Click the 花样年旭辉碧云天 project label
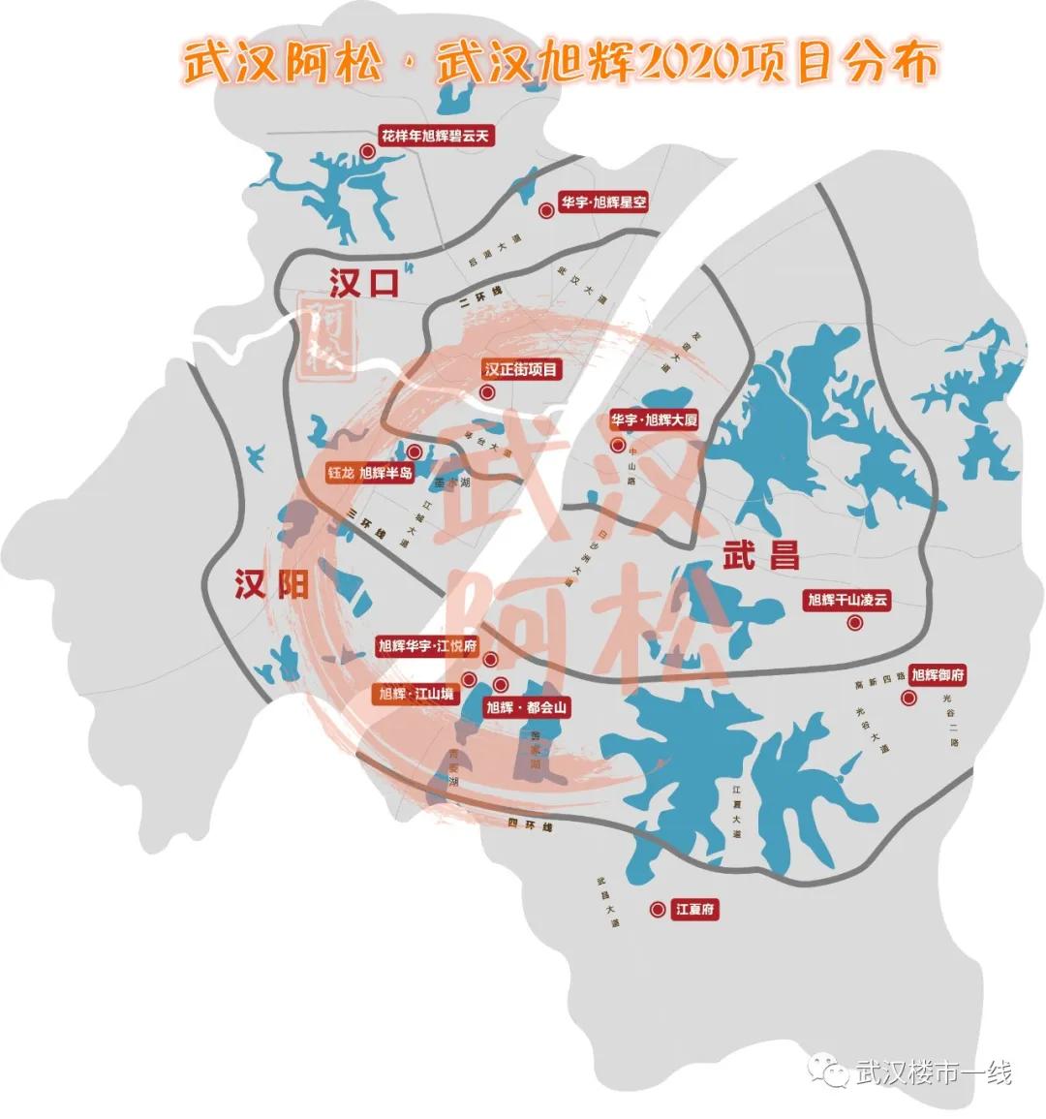436,137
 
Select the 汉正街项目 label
522,370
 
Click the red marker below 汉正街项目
488,393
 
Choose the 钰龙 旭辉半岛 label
371,474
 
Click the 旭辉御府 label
938,675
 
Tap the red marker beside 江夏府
657,910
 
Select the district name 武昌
761,554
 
